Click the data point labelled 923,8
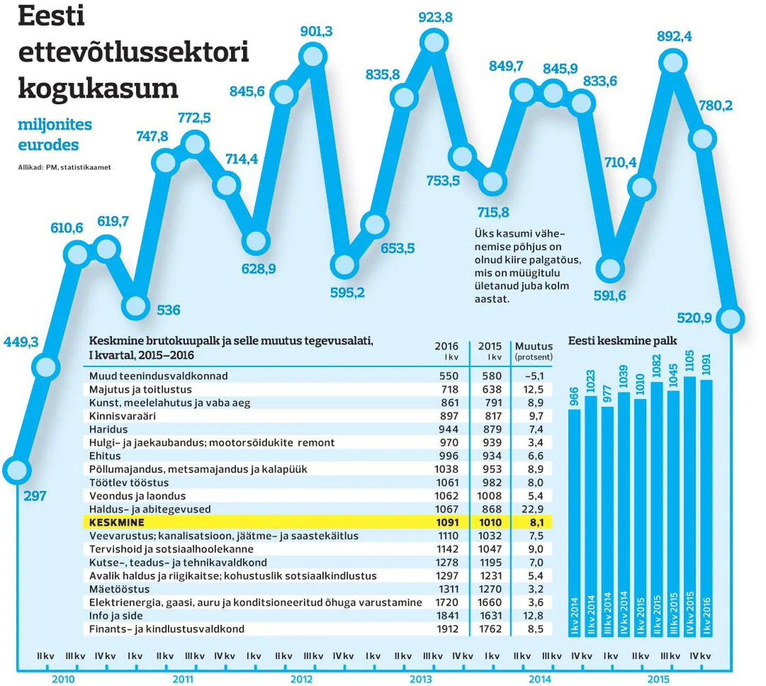point(434,43)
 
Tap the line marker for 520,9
point(731,319)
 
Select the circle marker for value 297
point(16,470)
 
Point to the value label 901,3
point(316,31)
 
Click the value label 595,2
point(347,293)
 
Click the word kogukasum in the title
point(98,88)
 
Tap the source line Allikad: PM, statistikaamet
point(64,167)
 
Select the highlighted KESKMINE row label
point(117,522)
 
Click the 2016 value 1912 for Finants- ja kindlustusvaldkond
point(447,629)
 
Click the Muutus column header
point(534,346)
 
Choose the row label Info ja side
point(116,616)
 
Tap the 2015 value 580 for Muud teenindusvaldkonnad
point(492,376)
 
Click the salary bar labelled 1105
point(690,505)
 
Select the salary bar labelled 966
point(574,521)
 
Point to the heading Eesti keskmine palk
point(623,341)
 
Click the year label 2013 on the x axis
point(421,679)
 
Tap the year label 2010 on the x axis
point(63,679)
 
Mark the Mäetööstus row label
point(120,589)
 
